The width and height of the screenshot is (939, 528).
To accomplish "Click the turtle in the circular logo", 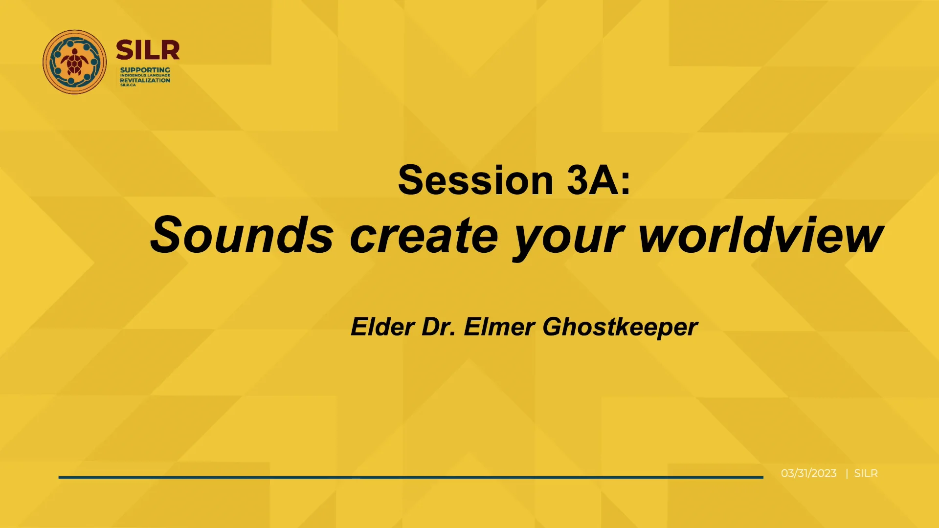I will pos(74,62).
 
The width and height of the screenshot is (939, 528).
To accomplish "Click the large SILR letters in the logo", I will pos(148,50).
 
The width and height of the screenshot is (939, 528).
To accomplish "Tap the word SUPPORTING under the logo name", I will pos(145,70).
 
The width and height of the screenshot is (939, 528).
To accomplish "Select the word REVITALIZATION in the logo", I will pos(145,80).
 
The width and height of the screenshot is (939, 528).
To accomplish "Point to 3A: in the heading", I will pos(599,180).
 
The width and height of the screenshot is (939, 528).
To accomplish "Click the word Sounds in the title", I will pos(242,236).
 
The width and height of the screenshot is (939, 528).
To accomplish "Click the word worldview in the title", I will pos(760,236).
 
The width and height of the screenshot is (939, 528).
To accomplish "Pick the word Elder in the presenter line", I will pos(382,327).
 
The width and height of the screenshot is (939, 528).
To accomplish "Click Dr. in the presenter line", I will pos(439,327).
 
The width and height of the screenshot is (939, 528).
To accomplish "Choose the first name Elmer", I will pos(499,327).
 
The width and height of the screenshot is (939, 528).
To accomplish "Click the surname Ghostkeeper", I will pos(620,328).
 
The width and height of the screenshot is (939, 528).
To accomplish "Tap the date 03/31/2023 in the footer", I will pos(808,473).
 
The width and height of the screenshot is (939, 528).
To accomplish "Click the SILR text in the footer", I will pos(866,473).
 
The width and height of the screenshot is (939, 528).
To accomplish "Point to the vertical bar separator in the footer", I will pos(847,473).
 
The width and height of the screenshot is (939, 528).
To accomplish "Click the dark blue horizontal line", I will pos(411,477).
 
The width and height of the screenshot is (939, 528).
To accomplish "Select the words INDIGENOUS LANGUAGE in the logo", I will pos(145,75).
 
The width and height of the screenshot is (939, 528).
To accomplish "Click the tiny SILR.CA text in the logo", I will pos(128,85).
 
